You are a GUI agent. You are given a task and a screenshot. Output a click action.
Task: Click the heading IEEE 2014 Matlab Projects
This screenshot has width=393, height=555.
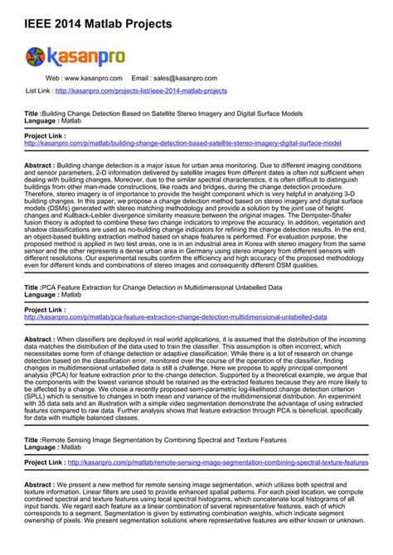tap(99, 25)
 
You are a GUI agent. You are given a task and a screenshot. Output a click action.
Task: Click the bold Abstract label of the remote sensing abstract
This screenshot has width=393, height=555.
tap(40, 485)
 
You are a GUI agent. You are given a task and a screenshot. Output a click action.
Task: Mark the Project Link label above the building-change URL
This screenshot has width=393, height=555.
tap(46, 134)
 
